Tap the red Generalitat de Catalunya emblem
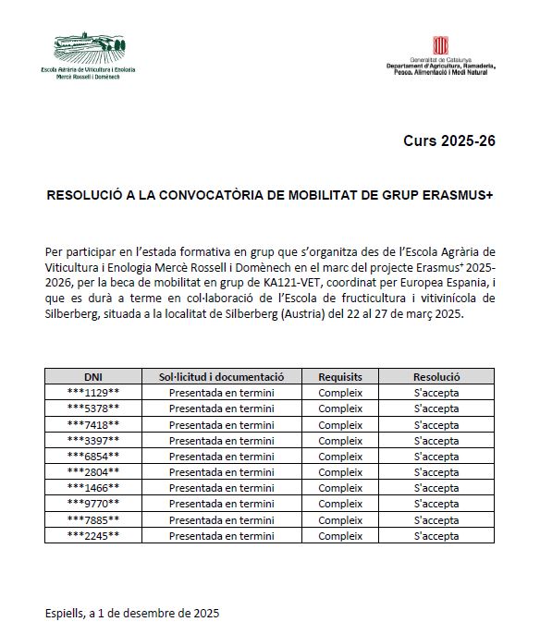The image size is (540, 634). click(442, 46)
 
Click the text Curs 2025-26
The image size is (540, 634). click(449, 141)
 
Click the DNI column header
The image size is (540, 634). click(93, 377)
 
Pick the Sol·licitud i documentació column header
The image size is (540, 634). click(221, 377)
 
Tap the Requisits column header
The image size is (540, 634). click(340, 377)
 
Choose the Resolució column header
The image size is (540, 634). click(436, 377)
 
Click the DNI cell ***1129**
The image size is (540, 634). click(93, 393)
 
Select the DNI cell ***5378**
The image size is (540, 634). click(93, 408)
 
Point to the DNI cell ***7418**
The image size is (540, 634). click(93, 424)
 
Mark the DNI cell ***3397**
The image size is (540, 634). click(93, 440)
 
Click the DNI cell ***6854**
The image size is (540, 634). click(93, 456)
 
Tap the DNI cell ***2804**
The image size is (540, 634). click(93, 471)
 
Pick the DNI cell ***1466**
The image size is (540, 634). click(93, 487)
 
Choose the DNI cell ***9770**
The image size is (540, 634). click(93, 503)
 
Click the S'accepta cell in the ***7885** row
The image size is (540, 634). click(436, 518)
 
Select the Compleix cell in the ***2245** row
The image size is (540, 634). click(340, 534)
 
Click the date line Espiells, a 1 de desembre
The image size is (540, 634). click(132, 613)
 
